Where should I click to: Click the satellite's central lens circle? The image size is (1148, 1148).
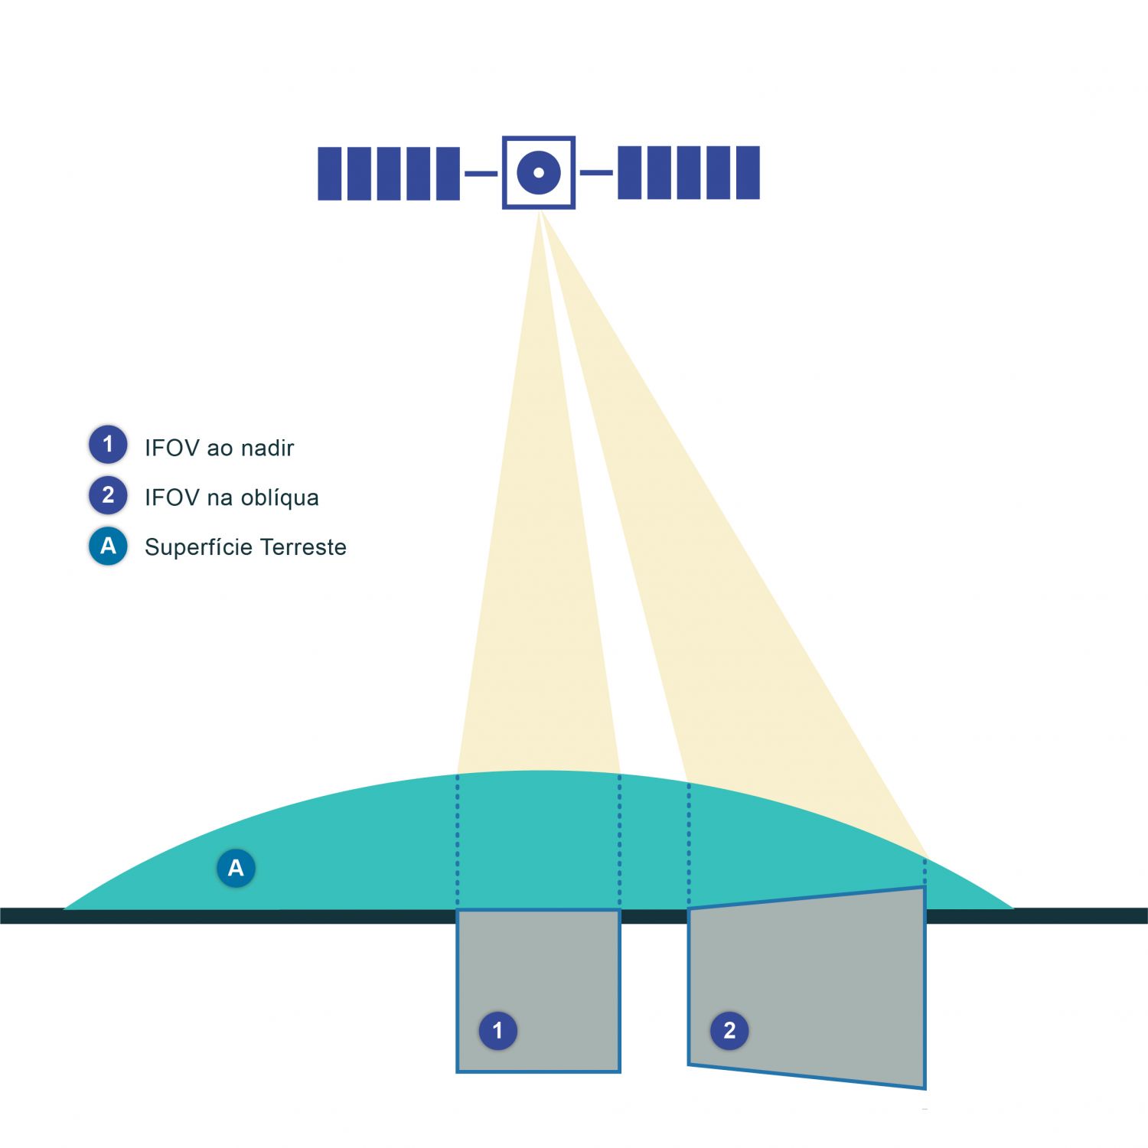[x=539, y=172]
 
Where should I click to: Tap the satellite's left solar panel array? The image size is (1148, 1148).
[x=389, y=174]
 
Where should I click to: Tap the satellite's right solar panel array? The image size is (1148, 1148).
[x=688, y=173]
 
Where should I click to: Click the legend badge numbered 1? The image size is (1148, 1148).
[x=108, y=445]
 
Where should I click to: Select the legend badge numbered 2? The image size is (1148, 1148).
[x=108, y=495]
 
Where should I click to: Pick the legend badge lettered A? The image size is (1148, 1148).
[x=108, y=546]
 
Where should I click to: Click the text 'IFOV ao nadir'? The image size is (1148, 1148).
[x=219, y=448]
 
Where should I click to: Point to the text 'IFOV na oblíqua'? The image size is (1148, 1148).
[x=231, y=497]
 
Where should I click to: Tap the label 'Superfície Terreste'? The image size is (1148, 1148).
[x=245, y=547]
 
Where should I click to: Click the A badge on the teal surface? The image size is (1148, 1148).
[x=236, y=868]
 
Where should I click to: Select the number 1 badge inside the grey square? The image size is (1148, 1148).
[x=497, y=1030]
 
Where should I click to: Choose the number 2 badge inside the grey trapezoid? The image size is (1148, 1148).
[x=729, y=1030]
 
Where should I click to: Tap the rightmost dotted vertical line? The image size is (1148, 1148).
[x=925, y=872]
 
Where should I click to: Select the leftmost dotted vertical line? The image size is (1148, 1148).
[x=458, y=842]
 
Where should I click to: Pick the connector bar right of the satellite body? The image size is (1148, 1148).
[x=596, y=173]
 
